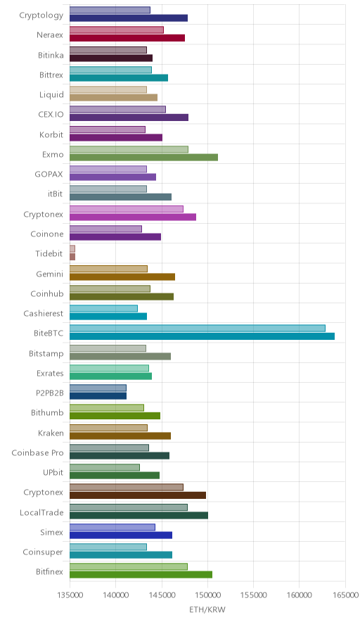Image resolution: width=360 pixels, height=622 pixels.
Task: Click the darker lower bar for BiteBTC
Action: (202, 336)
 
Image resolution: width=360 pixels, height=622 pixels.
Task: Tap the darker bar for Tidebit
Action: (72, 257)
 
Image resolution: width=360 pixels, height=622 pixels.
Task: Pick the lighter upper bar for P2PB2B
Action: (98, 388)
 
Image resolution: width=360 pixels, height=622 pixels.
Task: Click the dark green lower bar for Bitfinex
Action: (141, 575)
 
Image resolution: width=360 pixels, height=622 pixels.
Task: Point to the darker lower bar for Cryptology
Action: (129, 18)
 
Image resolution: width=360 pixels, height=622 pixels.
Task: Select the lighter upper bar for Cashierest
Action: (103, 309)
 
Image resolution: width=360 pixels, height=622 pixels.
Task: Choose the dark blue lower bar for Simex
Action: (121, 535)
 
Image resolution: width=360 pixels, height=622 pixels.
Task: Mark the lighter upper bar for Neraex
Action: (117, 30)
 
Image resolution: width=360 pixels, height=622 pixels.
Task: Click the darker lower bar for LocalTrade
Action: (139, 515)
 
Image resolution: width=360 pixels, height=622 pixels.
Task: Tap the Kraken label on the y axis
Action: (51, 433)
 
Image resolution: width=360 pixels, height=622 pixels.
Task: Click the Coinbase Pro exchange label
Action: (37, 452)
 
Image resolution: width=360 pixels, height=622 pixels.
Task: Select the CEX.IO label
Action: (51, 114)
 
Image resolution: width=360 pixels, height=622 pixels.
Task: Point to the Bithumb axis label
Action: (47, 412)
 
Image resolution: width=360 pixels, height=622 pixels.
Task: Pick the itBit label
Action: (55, 194)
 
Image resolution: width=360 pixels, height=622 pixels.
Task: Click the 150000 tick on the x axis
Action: (207, 595)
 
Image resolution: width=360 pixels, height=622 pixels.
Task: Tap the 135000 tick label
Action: (70, 595)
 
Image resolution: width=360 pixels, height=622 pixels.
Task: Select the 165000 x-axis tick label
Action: (345, 595)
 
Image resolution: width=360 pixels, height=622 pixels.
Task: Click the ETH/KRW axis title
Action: (207, 609)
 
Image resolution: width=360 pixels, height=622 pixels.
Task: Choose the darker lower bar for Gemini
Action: (122, 277)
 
